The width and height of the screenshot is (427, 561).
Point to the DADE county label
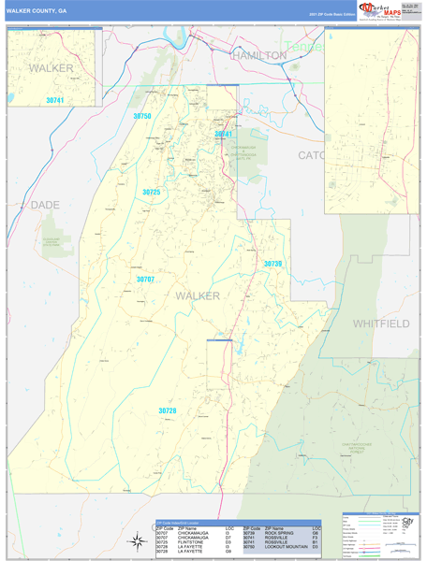click(x=44, y=204)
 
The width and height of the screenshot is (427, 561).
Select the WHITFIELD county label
click(x=381, y=323)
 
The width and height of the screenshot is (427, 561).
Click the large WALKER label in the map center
click(x=198, y=295)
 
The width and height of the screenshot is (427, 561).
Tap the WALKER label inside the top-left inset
click(x=51, y=68)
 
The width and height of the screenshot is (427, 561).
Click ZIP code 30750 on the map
click(x=141, y=116)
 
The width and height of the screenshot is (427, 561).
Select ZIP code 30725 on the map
click(x=152, y=192)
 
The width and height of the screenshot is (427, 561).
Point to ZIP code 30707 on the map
click(x=145, y=280)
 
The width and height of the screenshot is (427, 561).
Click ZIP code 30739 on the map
click(x=272, y=264)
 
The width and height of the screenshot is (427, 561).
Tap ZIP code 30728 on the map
click(x=168, y=410)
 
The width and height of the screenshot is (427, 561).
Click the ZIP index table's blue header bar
click(x=238, y=523)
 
